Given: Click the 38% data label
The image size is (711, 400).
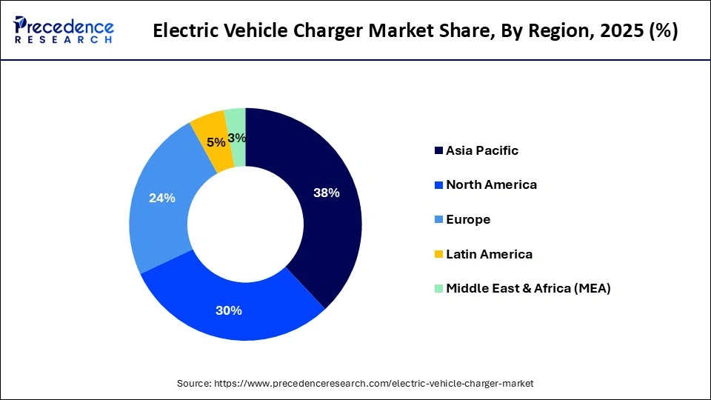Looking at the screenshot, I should pyautogui.click(x=326, y=193).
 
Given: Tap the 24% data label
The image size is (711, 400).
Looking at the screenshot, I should pyautogui.click(x=162, y=199).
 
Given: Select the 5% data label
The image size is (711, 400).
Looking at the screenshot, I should pyautogui.click(x=216, y=142).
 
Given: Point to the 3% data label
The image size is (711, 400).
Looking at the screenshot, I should pyautogui.click(x=237, y=138).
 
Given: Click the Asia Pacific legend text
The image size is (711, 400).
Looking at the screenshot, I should pyautogui.click(x=482, y=150).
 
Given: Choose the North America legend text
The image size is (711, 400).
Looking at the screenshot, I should pyautogui.click(x=491, y=184).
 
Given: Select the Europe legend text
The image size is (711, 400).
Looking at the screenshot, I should pyautogui.click(x=468, y=219).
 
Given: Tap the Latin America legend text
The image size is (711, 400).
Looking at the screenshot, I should pyautogui.click(x=489, y=254).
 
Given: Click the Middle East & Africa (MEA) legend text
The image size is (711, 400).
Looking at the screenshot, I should pyautogui.click(x=528, y=288).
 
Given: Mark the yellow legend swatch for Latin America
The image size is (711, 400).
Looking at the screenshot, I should pyautogui.click(x=438, y=254).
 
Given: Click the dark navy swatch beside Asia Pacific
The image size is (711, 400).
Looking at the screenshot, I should pyautogui.click(x=438, y=150).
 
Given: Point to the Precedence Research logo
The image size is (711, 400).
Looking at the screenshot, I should pyautogui.click(x=64, y=30).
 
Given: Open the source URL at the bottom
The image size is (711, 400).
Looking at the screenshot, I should pyautogui.click(x=374, y=383).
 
